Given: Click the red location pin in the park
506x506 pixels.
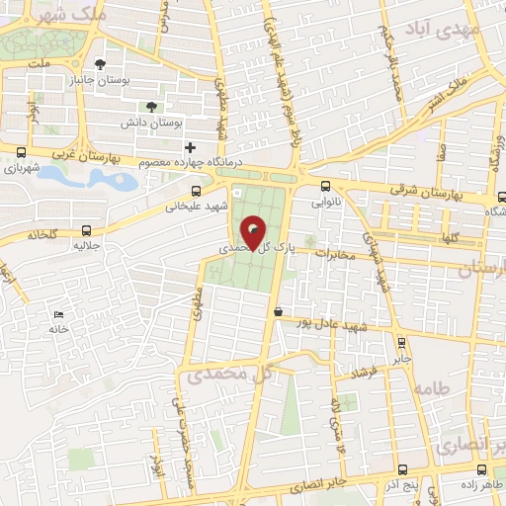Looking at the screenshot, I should [254, 233].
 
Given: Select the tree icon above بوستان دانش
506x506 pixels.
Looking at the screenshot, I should [151, 106].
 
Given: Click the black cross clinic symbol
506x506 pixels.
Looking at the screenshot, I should [190, 147].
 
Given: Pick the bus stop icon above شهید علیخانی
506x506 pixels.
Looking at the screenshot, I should [196, 191].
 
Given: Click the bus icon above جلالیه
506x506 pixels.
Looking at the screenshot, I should [87, 232].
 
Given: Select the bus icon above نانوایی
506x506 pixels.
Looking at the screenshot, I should [325, 186].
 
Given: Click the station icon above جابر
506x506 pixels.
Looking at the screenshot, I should [400, 343].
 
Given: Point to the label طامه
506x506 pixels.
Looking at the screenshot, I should [434, 387].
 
